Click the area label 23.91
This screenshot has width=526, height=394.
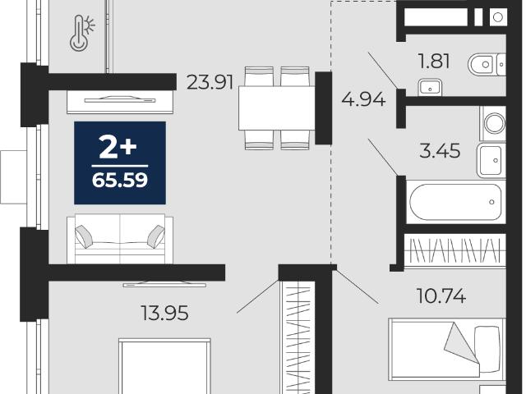(210, 82)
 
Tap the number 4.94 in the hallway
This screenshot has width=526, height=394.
(363, 99)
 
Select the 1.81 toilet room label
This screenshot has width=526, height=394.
(434, 62)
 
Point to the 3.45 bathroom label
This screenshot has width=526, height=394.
(440, 150)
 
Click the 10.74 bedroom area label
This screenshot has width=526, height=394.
(441, 295)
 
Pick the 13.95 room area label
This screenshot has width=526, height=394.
(164, 314)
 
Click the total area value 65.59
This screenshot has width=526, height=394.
(120, 181)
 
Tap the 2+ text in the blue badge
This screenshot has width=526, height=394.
(118, 148)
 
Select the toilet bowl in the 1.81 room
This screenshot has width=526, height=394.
(487, 64)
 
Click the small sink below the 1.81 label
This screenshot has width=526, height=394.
(430, 88)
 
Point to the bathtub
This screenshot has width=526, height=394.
(455, 202)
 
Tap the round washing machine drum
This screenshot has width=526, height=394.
(495, 123)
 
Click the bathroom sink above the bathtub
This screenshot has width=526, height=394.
(491, 161)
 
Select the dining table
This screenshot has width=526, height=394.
(277, 108)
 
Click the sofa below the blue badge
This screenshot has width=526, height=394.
(120, 239)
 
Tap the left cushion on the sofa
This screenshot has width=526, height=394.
(84, 236)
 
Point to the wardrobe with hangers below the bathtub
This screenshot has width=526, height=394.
(454, 250)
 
